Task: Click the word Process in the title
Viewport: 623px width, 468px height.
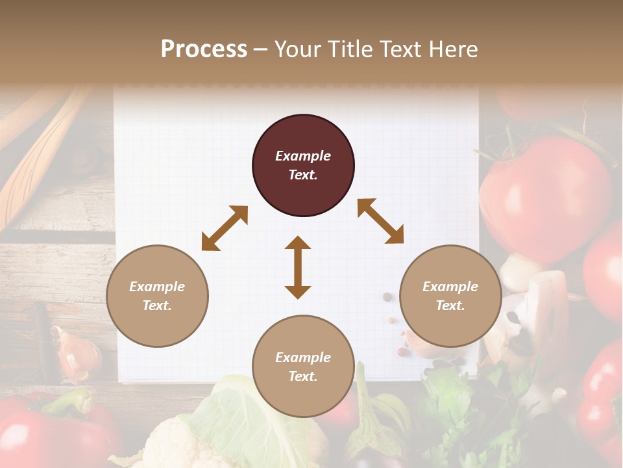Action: click(204, 49)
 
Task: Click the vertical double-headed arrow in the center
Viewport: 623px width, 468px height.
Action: click(298, 267)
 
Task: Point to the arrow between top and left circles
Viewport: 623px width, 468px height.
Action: click(225, 228)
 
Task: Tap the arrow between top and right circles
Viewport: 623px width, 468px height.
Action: click(380, 221)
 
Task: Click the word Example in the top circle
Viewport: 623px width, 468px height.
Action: click(303, 156)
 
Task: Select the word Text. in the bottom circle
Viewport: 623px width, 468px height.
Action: click(303, 376)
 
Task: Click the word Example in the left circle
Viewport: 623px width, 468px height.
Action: click(157, 287)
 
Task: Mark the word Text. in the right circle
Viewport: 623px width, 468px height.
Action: click(450, 305)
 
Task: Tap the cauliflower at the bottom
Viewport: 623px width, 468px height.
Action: click(175, 445)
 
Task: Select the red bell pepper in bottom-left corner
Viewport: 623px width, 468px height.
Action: click(39, 429)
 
